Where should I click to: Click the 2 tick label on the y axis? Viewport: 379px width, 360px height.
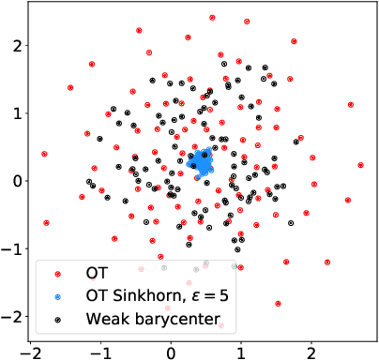pos(10,44)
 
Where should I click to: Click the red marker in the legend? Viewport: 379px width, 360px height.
pos(57,275)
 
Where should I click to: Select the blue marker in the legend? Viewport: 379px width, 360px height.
pos(57,296)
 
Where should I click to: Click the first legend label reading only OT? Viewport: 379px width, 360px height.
pos(96,275)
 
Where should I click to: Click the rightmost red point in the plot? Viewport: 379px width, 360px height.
pos(360,165)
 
